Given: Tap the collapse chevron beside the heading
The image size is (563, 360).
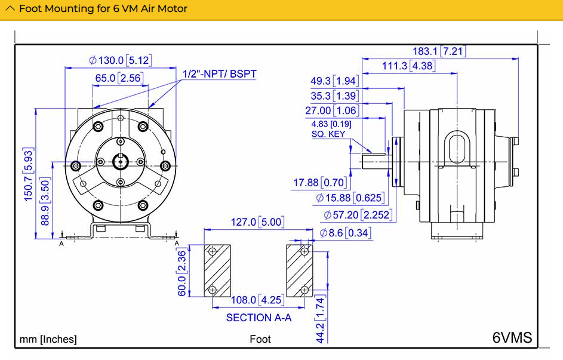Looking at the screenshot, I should [x=10, y=9].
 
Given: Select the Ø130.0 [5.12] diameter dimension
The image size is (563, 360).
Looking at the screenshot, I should [x=121, y=60].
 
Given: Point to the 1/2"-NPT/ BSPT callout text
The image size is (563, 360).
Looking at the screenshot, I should [x=220, y=74].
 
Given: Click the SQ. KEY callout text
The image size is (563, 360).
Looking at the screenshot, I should [x=328, y=134].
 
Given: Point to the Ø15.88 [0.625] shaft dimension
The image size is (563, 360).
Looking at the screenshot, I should [x=350, y=198].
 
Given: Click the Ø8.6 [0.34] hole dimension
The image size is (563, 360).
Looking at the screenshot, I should [x=345, y=233].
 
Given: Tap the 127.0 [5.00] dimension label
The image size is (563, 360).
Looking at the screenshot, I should [x=257, y=223].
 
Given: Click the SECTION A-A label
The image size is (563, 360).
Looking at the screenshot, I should [x=259, y=318].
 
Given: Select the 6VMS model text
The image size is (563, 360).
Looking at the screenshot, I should [x=512, y=337].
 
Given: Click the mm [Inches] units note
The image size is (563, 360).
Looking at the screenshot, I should [x=48, y=339].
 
